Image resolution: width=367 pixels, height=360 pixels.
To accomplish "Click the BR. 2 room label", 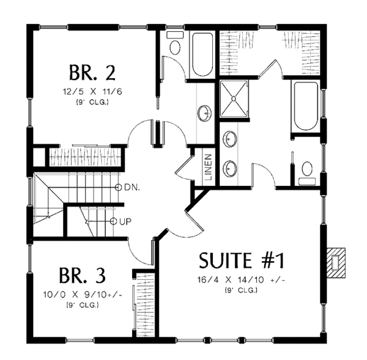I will [91, 73].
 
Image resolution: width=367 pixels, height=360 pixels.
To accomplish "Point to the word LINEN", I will [208, 167].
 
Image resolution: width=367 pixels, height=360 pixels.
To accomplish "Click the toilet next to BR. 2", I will [174, 48].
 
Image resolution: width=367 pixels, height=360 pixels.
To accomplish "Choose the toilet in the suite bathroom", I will [307, 169].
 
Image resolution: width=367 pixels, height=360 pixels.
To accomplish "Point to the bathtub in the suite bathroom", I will [305, 106].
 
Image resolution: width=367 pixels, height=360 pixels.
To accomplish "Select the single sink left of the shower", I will [204, 112].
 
